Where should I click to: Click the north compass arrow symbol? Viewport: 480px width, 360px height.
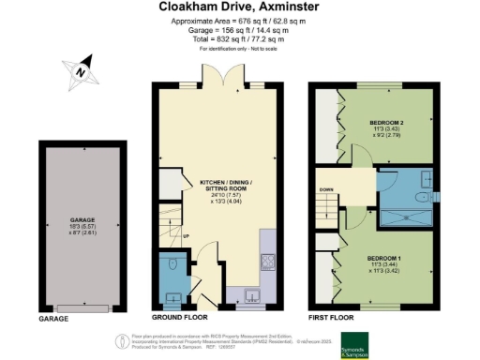82,70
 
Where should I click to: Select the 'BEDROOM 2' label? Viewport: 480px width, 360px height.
387,124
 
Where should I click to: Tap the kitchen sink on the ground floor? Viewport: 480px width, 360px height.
250,298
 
